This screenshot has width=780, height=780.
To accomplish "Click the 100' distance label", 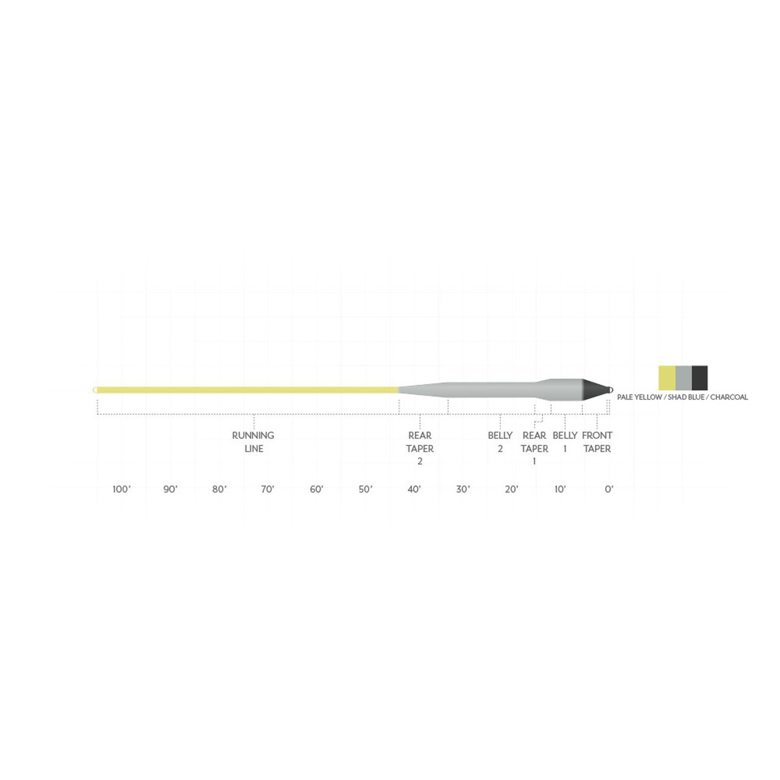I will (121, 489).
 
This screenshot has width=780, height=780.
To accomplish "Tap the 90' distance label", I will (170, 489).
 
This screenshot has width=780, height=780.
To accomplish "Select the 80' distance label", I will (219, 489).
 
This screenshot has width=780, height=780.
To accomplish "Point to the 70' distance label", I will (268, 489).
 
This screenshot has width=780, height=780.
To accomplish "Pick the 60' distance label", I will (316, 489).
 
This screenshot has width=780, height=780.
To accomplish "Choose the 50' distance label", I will (365, 489).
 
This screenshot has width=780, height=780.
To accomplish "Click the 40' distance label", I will (414, 489).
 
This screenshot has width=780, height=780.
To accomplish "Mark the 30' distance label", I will (463, 489).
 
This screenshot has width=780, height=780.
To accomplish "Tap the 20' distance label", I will (511, 489).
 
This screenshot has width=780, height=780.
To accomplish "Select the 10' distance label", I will (560, 489).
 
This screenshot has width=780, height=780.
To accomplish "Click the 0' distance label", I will (609, 489).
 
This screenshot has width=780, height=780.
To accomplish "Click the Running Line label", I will (253, 442).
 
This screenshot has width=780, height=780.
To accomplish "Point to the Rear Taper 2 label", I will (420, 448).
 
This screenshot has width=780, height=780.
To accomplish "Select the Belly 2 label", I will (500, 442).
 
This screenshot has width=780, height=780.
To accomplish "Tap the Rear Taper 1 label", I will (534, 448).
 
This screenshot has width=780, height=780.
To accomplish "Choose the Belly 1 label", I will (565, 442).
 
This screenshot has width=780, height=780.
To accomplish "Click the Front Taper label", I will (597, 442).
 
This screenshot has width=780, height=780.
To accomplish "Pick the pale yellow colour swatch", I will (667, 378).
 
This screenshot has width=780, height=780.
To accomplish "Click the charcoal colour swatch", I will (700, 378).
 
